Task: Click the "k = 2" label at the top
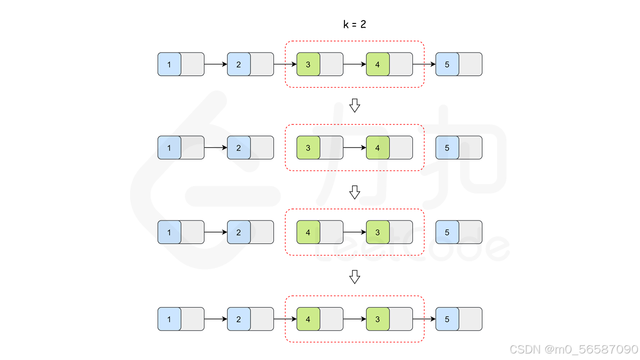(x=354, y=24)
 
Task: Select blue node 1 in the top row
(x=169, y=64)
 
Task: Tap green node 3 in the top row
(x=308, y=64)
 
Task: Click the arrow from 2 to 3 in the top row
(x=285, y=64)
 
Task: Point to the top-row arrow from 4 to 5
(x=424, y=64)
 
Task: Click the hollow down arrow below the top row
(x=354, y=105)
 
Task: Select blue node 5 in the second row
(x=447, y=147)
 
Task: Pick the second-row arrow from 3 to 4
(x=354, y=147)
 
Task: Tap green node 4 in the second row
(x=378, y=147)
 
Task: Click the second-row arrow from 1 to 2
(x=215, y=147)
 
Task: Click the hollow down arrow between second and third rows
(x=354, y=192)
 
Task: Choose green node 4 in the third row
(x=308, y=232)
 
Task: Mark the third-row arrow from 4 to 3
(x=354, y=232)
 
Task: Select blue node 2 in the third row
(x=239, y=232)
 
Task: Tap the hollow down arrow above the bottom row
(x=354, y=277)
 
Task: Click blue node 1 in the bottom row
(x=169, y=319)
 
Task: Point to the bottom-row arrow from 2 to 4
(x=285, y=319)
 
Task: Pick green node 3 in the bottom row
(x=378, y=319)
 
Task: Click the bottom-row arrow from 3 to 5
(x=424, y=319)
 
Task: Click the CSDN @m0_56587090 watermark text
(x=573, y=348)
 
